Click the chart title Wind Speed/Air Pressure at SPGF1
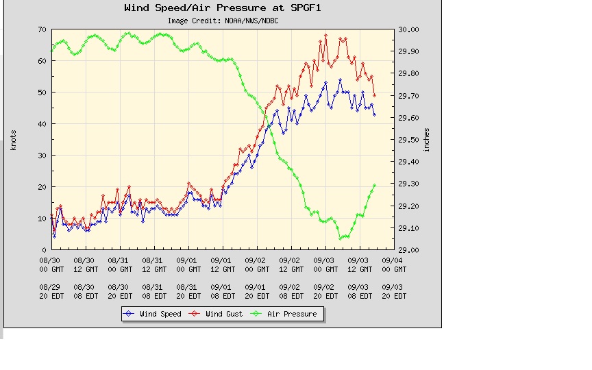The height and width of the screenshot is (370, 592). click(x=222, y=8)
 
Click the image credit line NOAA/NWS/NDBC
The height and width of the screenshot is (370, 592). click(x=222, y=21)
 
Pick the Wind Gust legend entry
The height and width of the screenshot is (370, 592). click(x=219, y=314)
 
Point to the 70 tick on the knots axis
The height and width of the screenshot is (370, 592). click(x=42, y=29)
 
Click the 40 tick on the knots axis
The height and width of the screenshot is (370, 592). click(x=42, y=124)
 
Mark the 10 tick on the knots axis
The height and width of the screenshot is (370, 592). click(x=42, y=219)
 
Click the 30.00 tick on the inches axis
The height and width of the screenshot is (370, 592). click(x=408, y=29)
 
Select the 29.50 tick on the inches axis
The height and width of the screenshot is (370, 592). click(x=408, y=140)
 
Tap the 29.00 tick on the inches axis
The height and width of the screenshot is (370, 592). click(x=408, y=250)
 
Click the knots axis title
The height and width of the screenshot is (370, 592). click(x=13, y=140)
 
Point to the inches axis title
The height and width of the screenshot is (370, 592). click(x=426, y=140)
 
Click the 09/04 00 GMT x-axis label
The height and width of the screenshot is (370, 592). click(x=393, y=264)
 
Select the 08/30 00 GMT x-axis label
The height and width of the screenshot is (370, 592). click(x=51, y=264)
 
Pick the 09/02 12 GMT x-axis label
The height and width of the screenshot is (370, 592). click(x=290, y=264)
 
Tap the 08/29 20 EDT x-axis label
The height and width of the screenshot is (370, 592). click(x=51, y=291)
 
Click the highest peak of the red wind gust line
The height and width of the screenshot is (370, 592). click(x=326, y=35)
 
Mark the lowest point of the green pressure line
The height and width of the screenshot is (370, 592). click(x=341, y=238)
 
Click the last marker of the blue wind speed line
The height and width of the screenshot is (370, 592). click(x=375, y=114)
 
